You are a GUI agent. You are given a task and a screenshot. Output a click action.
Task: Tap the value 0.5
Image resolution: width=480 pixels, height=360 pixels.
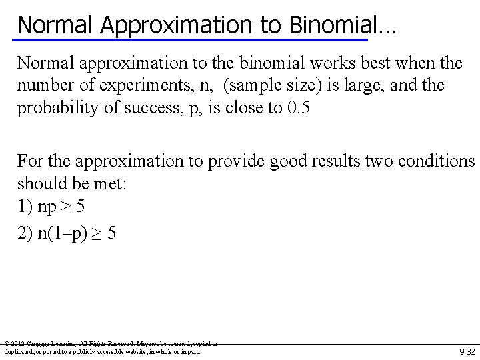pos(296,109)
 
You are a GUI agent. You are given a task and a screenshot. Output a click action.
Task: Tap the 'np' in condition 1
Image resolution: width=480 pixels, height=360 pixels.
pos(47,206)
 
